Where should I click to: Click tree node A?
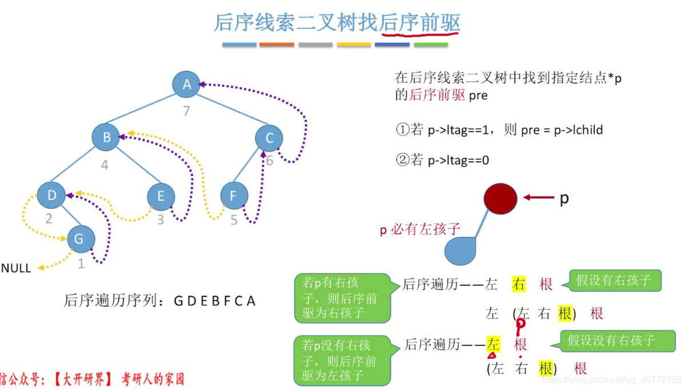coord(186,85)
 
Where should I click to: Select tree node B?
coord(106,137)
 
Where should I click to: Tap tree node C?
coord(269,138)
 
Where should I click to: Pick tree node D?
coord(52,196)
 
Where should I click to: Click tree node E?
coord(161,197)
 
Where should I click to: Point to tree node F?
coord(233,197)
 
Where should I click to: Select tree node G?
coord(80,239)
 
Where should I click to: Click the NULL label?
coord(16,268)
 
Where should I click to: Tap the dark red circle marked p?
coord(501,198)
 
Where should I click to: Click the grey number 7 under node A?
coord(186,110)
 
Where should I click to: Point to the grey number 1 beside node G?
coord(81,264)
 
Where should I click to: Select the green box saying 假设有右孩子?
coord(614,281)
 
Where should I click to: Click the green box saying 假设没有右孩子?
coord(611,341)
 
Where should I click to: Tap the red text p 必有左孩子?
coord(420,230)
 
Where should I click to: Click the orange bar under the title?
coord(276,45)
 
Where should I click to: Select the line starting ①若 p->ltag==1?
coord(499,130)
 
